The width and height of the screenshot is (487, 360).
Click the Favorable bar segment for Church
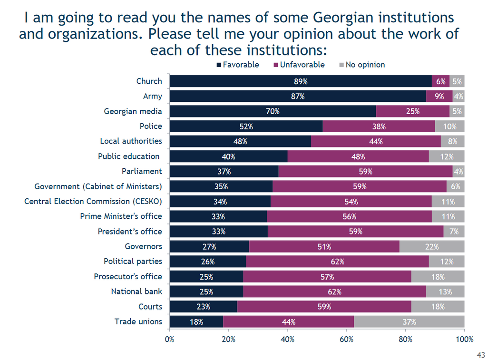pyautogui.click(x=301, y=81)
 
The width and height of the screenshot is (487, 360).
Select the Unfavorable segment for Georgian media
pyautogui.click(x=413, y=111)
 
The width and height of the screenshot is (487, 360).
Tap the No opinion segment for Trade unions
pyautogui.click(x=409, y=322)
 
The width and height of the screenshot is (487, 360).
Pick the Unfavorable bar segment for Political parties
pyautogui.click(x=338, y=262)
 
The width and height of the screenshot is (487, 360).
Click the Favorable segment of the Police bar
pyautogui.click(x=246, y=126)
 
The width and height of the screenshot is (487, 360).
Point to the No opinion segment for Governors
pyautogui.click(x=432, y=247)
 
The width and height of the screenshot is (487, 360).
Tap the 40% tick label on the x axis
pyautogui.click(x=287, y=340)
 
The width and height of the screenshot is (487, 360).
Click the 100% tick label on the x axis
pyautogui.click(x=464, y=340)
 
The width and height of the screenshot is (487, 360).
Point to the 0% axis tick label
pyautogui.click(x=169, y=340)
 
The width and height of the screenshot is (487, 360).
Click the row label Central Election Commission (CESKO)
pyautogui.click(x=93, y=202)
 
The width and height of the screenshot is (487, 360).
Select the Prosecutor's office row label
pyautogui.click(x=128, y=277)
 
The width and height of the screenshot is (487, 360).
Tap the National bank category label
pyautogui.click(x=136, y=292)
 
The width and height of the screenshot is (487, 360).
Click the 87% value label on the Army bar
pyautogui.click(x=298, y=97)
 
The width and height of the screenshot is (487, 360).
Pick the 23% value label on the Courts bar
pyautogui.click(x=204, y=307)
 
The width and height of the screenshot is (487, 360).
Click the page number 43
pyautogui.click(x=480, y=355)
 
